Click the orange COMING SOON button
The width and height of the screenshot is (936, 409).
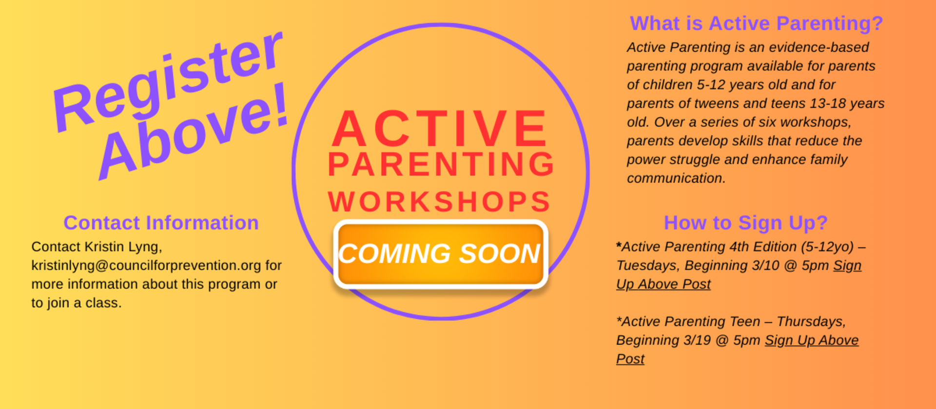coord(441,254)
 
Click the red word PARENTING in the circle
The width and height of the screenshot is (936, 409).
coord(441,164)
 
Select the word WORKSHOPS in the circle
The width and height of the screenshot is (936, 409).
coord(439,202)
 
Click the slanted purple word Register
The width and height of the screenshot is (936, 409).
coord(168,80)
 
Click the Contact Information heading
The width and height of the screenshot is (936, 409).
coord(161,223)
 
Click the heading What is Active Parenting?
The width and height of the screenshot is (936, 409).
coord(756,23)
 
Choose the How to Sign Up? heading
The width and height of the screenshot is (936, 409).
coord(745,223)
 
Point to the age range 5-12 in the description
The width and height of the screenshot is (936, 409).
coord(711,85)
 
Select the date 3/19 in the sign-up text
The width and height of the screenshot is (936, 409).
coord(697,340)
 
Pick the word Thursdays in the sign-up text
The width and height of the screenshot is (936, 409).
coord(811,321)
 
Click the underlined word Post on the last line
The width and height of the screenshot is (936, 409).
coord(630,359)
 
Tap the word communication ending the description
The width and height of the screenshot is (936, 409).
coord(675,178)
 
